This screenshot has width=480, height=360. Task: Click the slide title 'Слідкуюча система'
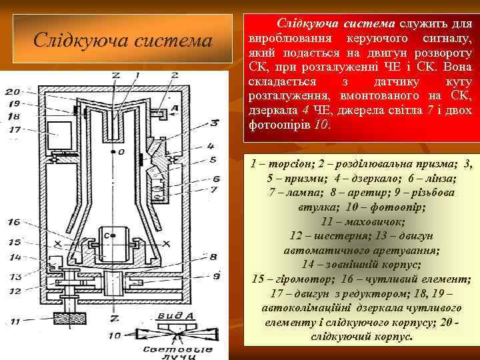pyautogui.click(x=123, y=41)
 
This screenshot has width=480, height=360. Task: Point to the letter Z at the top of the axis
pyautogui.click(x=115, y=75)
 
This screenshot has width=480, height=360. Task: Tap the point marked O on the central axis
pyautogui.click(x=121, y=153)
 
